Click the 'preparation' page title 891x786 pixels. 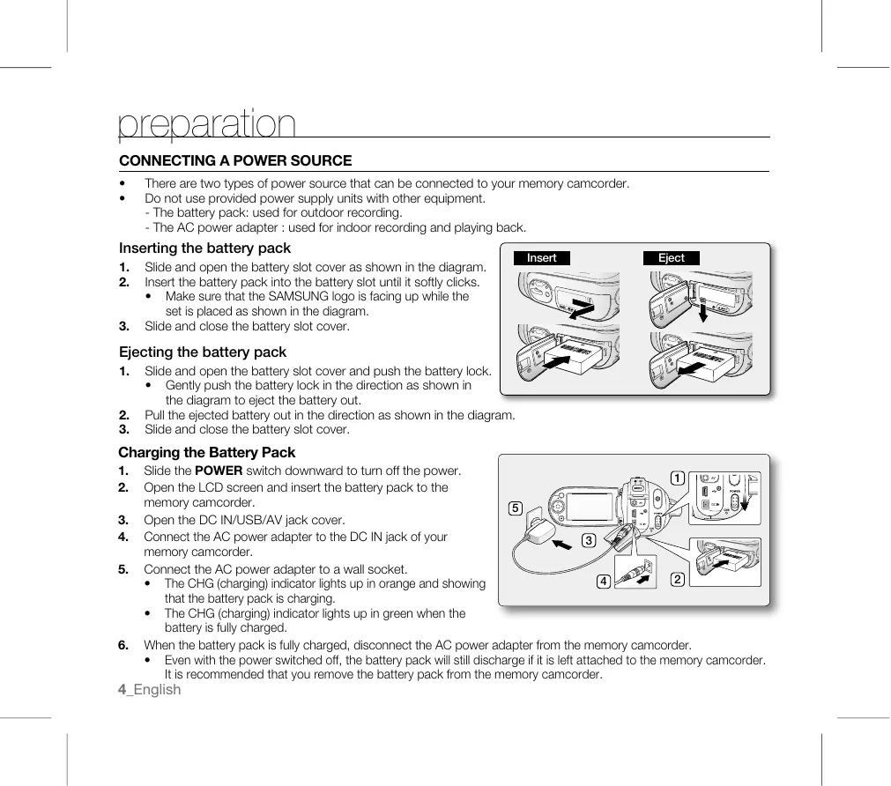(207, 125)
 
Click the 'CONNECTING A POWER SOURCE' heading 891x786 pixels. (235, 161)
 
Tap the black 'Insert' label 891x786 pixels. (541, 258)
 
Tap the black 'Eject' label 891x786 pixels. (671, 258)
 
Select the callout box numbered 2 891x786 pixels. (677, 579)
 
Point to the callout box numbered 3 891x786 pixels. (587, 540)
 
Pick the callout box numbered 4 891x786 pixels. (604, 582)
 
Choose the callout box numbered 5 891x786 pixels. (516, 508)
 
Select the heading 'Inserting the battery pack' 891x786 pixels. (204, 248)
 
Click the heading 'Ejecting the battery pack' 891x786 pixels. (203, 352)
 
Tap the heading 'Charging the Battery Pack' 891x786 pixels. (207, 453)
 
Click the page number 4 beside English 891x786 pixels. (122, 690)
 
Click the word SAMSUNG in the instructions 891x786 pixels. (297, 297)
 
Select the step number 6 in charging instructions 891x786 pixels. (123, 645)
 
